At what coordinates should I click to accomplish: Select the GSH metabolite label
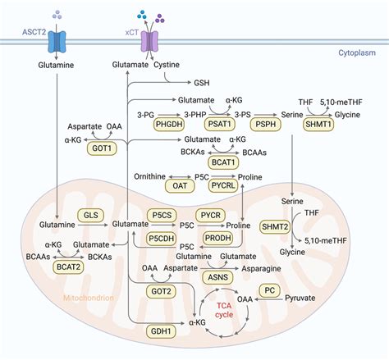click(202, 83)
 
